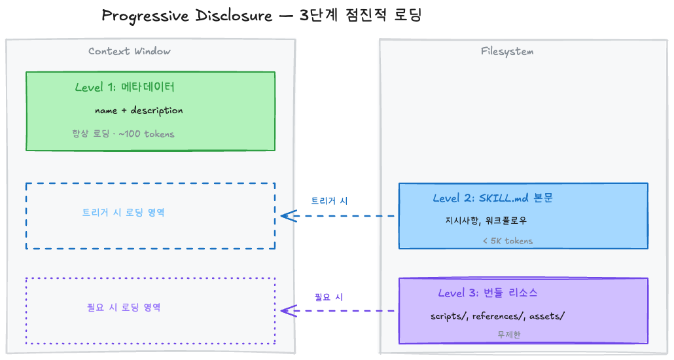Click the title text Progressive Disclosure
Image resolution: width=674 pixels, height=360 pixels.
[x=186, y=16]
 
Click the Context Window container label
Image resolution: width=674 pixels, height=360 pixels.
[x=130, y=52]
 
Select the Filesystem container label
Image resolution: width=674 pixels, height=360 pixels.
[x=507, y=52]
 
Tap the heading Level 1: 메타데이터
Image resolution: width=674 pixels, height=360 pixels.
[x=124, y=88]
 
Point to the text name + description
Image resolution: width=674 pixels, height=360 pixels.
[x=139, y=111]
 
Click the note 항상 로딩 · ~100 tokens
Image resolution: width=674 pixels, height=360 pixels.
[x=123, y=134]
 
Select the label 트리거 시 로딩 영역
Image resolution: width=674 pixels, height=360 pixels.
[x=123, y=213]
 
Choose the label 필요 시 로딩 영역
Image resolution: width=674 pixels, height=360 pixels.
[x=124, y=307]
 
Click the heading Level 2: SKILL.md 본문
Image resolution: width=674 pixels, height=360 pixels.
[x=492, y=198]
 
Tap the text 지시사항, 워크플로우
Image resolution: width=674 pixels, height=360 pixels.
[x=486, y=221]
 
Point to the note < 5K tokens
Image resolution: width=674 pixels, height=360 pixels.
[x=508, y=241]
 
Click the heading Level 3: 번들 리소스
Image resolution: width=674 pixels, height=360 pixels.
[x=488, y=293]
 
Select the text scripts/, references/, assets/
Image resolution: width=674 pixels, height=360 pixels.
[x=497, y=316]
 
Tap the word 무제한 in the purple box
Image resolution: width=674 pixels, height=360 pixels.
[x=509, y=335]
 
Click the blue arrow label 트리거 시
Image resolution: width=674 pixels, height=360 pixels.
[x=329, y=201]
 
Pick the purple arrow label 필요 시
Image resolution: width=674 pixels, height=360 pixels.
[x=328, y=297]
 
